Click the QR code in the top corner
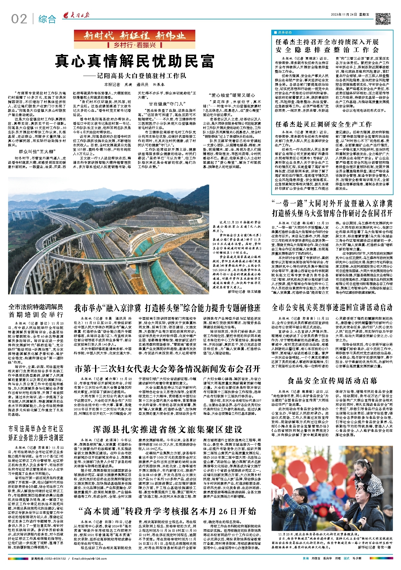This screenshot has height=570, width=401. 381,19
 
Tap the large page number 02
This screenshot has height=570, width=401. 19,19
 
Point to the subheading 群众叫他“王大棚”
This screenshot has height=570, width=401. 37,152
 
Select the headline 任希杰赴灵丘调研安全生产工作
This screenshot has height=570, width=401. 323,125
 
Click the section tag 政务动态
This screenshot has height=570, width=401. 284,32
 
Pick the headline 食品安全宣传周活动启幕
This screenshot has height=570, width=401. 332,381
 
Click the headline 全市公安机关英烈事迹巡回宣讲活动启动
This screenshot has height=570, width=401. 332,307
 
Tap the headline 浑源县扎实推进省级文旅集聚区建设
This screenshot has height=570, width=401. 167,430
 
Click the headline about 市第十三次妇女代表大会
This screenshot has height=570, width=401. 167,369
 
